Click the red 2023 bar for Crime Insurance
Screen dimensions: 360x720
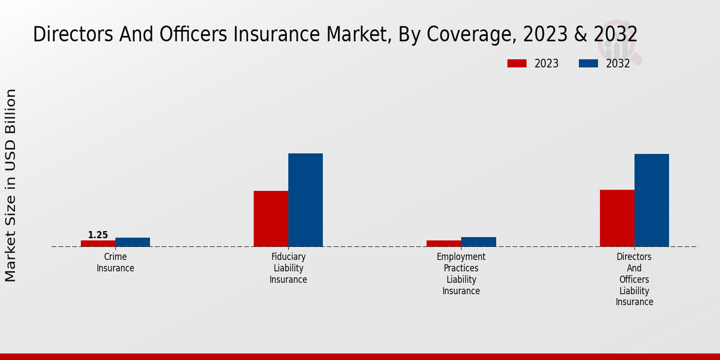[98, 243]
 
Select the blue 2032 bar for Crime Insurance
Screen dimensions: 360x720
[133, 242]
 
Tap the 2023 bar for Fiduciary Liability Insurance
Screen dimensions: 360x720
[271, 218]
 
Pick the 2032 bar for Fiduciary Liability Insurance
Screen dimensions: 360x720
[305, 200]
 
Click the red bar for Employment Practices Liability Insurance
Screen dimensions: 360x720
[444, 243]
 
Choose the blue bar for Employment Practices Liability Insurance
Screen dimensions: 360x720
[479, 242]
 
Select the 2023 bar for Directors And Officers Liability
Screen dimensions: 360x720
[617, 218]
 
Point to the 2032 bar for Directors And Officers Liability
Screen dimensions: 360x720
[652, 200]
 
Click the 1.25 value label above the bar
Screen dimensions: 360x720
[98, 235]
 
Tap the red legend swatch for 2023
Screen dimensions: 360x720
[517, 64]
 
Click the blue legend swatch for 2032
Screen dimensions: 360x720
[588, 64]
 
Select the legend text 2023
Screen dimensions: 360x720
[546, 64]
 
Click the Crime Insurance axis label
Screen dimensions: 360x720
[115, 262]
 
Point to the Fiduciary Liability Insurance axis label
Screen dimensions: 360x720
[288, 268]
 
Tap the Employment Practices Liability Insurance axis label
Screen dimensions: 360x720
[461, 274]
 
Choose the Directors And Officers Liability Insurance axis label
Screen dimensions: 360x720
[634, 279]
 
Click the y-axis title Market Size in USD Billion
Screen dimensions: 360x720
[11, 185]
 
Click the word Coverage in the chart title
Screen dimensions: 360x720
[470, 35]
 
